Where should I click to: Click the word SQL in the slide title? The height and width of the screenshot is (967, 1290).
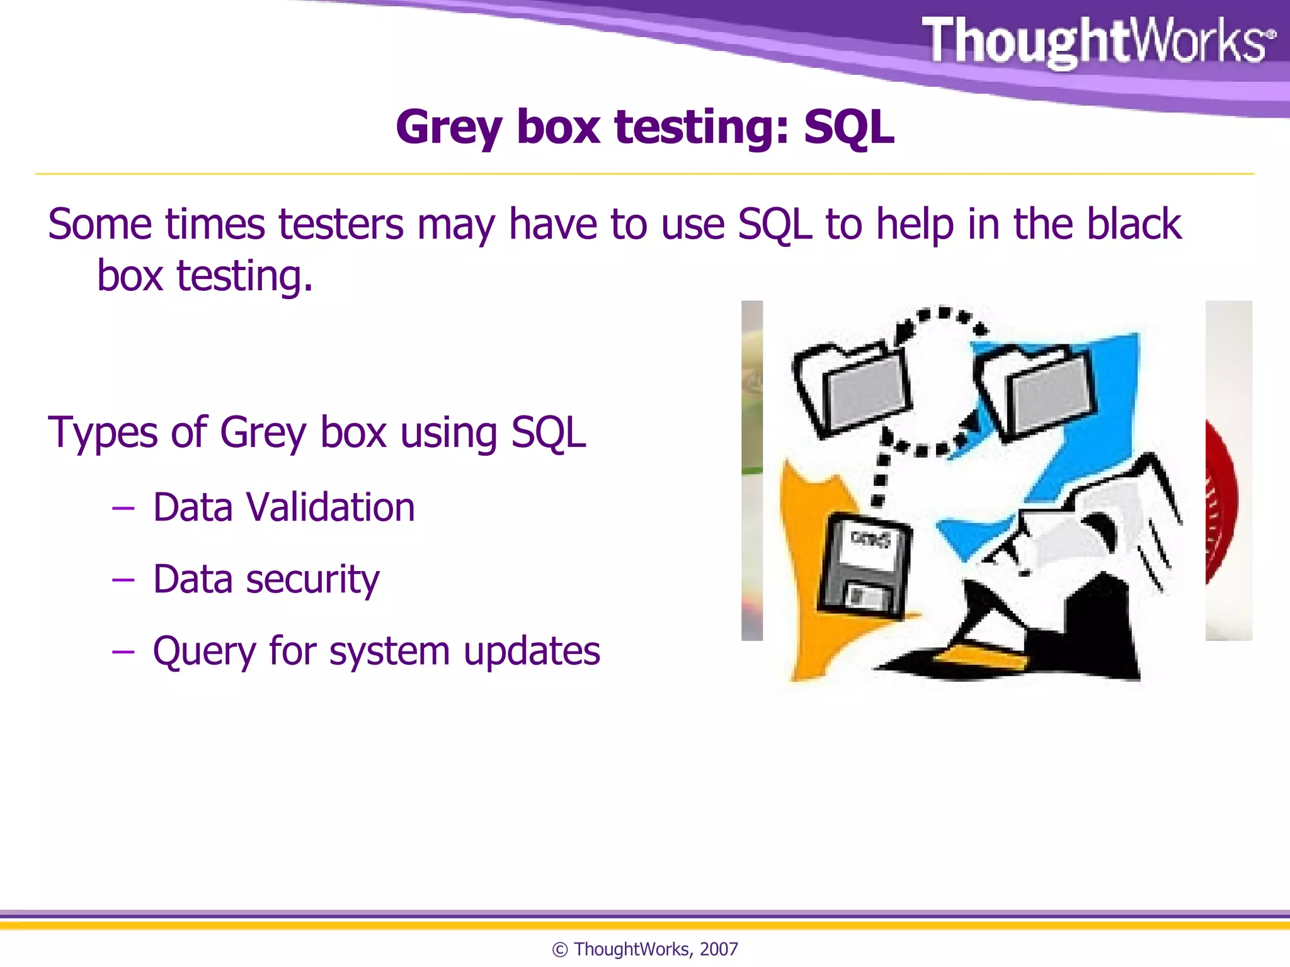[848, 127]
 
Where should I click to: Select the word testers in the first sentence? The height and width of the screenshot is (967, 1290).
[341, 224]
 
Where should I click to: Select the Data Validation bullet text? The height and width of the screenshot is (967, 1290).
[283, 507]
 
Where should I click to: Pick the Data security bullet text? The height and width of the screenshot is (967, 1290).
[266, 579]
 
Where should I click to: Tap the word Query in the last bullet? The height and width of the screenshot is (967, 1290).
[203, 652]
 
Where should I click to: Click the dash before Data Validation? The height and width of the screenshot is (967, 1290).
[123, 507]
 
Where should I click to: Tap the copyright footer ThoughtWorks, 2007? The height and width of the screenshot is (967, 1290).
[645, 949]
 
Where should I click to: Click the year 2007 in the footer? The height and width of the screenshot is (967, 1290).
[719, 949]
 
